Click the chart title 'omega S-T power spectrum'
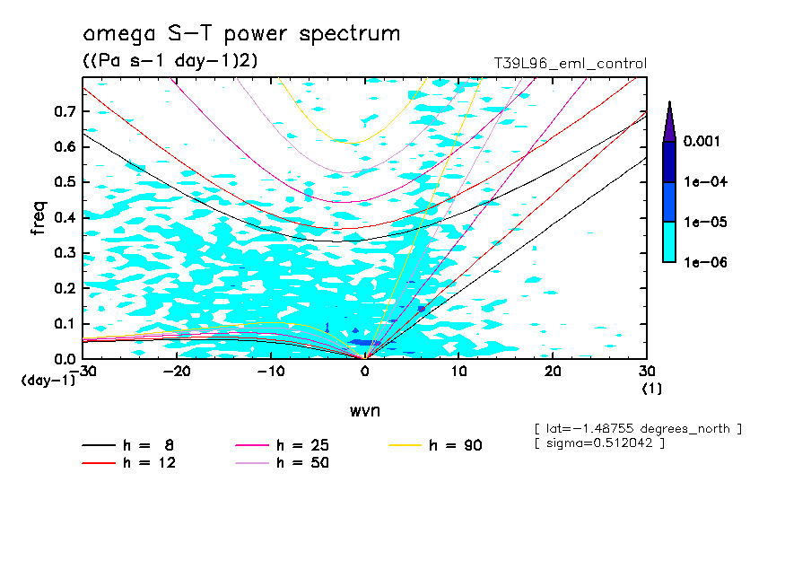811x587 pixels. (241, 34)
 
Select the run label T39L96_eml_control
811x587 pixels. (570, 64)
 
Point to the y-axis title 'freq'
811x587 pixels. (39, 218)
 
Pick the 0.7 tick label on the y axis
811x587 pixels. (65, 110)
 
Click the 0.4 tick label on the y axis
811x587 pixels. (65, 217)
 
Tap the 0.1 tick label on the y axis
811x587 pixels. (65, 323)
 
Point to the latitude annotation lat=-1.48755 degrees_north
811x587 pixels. (637, 429)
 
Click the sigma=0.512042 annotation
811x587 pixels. (598, 443)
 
